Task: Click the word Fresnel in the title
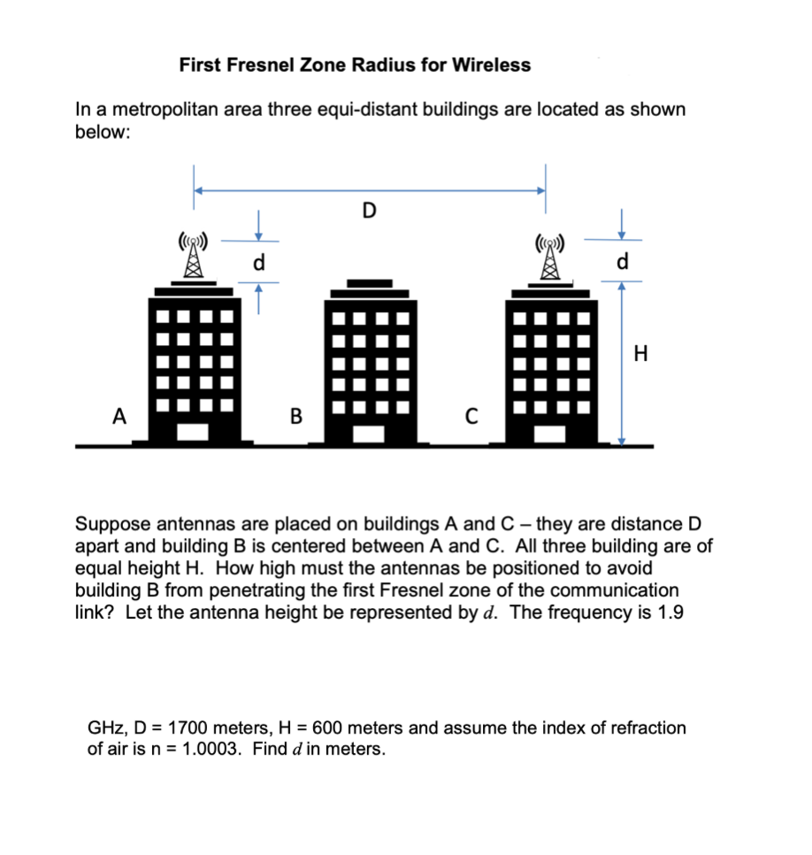point(282,65)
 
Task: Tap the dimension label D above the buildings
point(369,210)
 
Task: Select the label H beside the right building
point(641,355)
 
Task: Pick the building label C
point(471,414)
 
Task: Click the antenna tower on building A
point(193,257)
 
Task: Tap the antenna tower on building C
point(548,257)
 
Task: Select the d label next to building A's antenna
point(257,262)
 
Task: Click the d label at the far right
point(623,262)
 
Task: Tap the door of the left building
point(193,433)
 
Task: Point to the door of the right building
point(548,433)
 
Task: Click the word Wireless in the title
point(491,65)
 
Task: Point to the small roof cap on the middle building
point(369,283)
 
